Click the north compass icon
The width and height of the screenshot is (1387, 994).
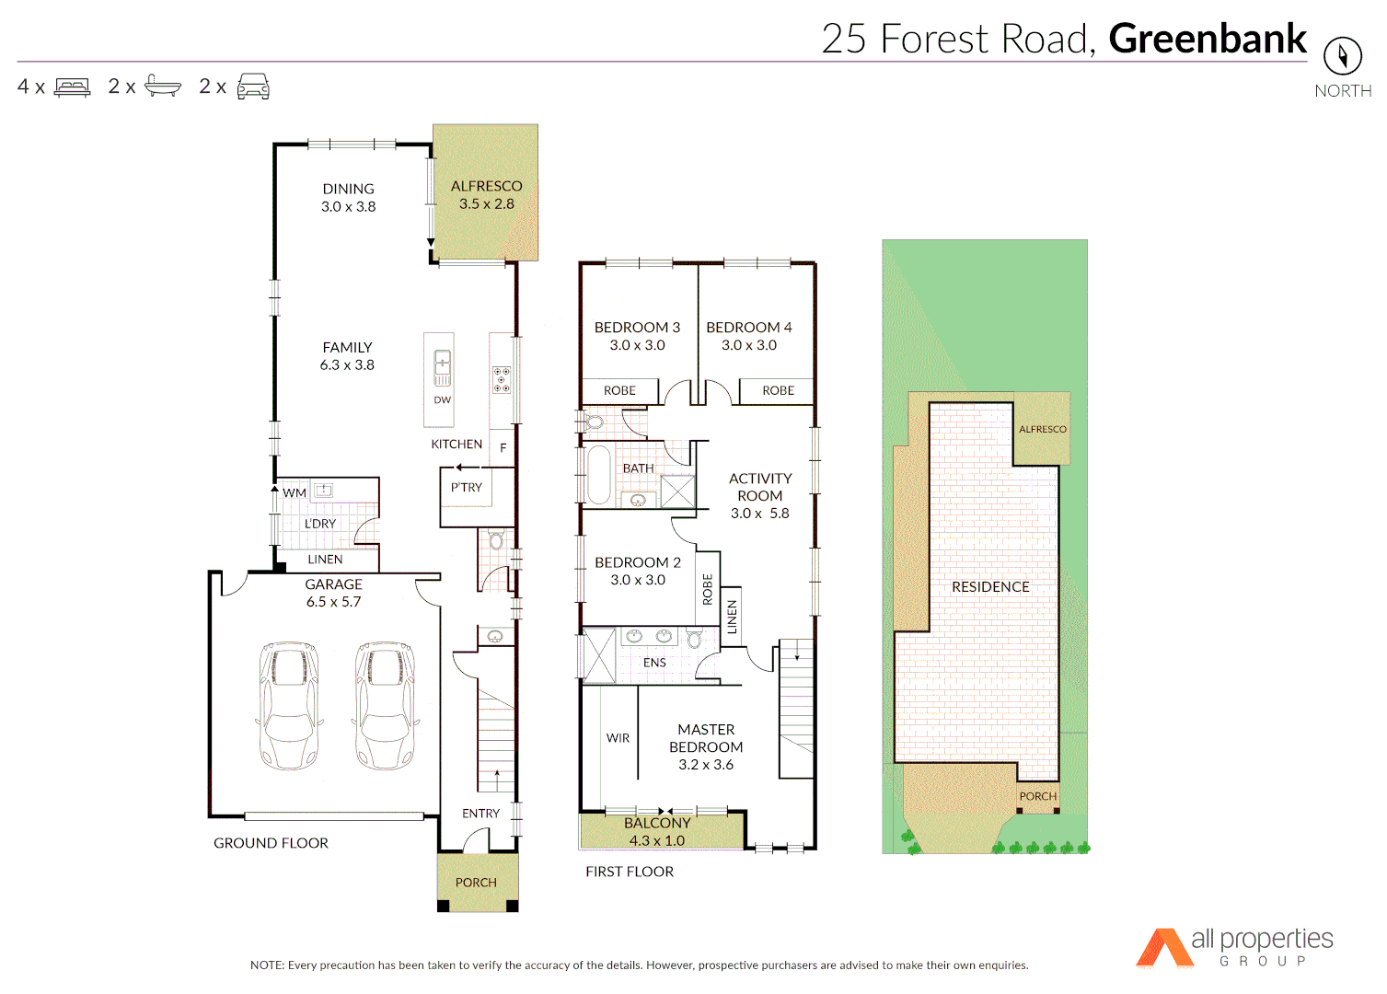point(1342,57)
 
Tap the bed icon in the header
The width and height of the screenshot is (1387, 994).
point(73,87)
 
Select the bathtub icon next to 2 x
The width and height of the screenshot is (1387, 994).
point(163,87)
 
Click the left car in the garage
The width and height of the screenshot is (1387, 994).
point(289,706)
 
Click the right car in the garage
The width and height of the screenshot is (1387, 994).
point(385,706)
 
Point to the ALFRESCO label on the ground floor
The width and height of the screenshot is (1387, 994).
point(486,186)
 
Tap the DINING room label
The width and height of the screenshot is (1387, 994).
point(348,189)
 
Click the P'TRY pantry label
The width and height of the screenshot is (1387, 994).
point(466,488)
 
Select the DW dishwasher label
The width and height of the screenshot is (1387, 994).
point(443,400)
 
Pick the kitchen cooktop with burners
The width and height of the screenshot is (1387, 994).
point(501,380)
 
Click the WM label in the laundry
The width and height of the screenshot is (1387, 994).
point(295,493)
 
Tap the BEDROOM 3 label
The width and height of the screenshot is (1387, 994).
point(637,328)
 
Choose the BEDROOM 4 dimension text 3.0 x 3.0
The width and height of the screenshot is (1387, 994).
point(748,345)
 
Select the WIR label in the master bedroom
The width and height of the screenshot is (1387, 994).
point(618,738)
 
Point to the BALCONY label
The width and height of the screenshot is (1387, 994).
point(657,823)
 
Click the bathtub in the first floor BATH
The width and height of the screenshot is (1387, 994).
point(599,475)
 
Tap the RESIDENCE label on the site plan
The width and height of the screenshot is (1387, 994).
point(990,587)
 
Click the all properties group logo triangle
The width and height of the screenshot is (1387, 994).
point(1163,949)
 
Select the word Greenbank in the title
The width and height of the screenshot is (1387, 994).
point(1207,39)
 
